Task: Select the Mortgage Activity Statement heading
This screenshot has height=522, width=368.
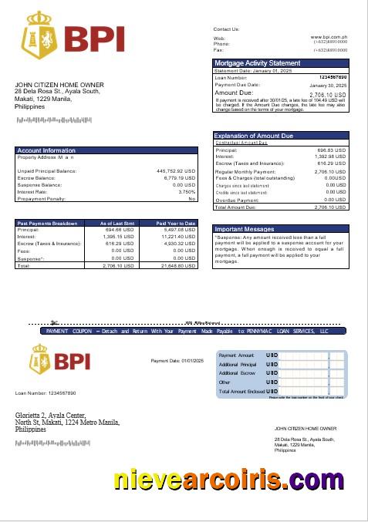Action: coord(257,62)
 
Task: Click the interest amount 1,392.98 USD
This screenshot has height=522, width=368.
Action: coord(331,157)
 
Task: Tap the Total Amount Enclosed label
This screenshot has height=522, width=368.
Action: coord(241,392)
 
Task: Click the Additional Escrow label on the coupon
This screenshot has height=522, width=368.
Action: coord(238,373)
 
